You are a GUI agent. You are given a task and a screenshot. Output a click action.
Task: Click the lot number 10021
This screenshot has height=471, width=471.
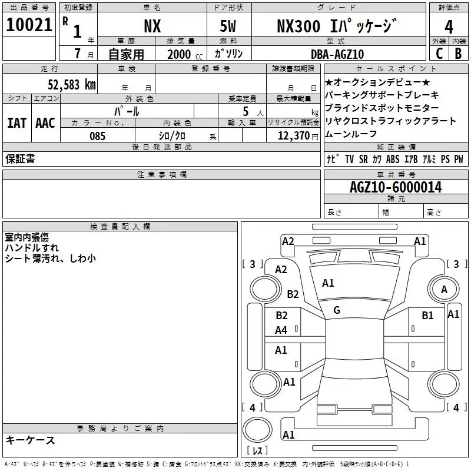29,25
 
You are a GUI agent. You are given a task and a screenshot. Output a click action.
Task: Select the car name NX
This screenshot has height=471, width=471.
152,26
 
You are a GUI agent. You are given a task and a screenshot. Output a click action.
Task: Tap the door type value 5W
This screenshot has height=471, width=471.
228,26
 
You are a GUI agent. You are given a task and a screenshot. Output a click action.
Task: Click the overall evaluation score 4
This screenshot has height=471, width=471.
449,26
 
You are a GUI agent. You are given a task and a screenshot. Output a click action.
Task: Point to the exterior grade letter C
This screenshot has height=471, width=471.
439,54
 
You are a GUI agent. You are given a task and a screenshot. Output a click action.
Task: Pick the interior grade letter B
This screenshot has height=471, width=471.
458,54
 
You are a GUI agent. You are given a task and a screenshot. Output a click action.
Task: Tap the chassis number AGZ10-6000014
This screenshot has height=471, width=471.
396,187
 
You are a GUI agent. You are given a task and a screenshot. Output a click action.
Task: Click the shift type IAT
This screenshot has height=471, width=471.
16,122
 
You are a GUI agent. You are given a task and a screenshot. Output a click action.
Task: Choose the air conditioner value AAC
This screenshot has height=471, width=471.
45,122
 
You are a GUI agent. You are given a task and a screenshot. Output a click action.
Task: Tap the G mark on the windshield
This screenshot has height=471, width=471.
337,310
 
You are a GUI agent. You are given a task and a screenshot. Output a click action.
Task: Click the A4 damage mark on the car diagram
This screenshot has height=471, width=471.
281,330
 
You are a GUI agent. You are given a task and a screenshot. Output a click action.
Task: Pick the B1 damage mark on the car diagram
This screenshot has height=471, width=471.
427,316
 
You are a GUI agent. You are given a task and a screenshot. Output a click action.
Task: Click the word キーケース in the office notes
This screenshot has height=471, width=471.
31,440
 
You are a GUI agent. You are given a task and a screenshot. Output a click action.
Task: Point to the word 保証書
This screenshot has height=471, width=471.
20,159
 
